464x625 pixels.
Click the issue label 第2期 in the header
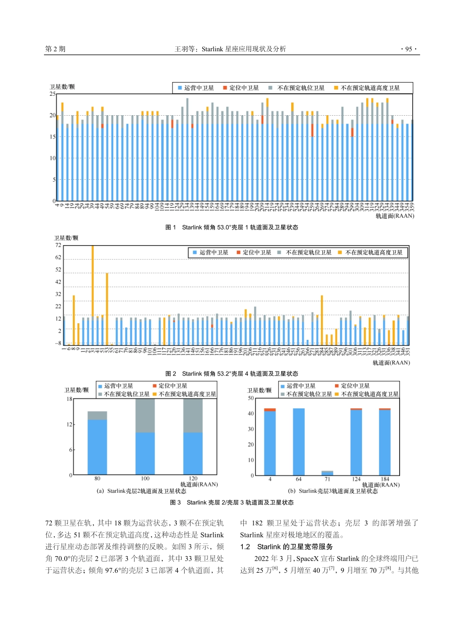click(55, 49)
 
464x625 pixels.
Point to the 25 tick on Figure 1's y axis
click(52, 94)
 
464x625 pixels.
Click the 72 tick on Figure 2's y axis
click(58, 245)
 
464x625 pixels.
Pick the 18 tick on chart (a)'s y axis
click(69, 399)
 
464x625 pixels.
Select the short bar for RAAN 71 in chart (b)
click(327, 473)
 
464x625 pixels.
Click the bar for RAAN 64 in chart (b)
click(298, 441)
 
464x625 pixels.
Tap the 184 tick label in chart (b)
click(385, 479)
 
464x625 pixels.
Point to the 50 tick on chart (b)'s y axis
click(252, 398)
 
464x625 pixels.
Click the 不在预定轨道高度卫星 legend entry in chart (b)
click(369, 394)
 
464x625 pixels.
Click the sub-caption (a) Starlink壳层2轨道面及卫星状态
click(141, 491)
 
